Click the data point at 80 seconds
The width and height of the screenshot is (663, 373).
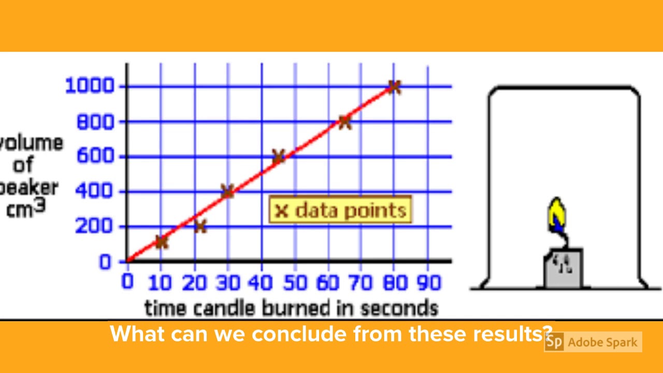click(394, 87)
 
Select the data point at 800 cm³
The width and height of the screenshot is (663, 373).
click(344, 122)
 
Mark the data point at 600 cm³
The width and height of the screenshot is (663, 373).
click(278, 156)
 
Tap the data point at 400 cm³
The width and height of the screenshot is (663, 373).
click(227, 191)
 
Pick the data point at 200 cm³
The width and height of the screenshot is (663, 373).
click(200, 226)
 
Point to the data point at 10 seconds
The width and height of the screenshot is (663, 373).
click(162, 241)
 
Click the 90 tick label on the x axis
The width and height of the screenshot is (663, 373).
click(427, 283)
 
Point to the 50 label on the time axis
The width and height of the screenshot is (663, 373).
click(294, 283)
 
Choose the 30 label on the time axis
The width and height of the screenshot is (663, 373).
click(228, 283)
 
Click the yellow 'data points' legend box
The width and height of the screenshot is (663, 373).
click(340, 210)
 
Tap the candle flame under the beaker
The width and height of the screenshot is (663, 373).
click(556, 215)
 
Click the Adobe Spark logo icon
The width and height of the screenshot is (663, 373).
click(554, 342)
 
